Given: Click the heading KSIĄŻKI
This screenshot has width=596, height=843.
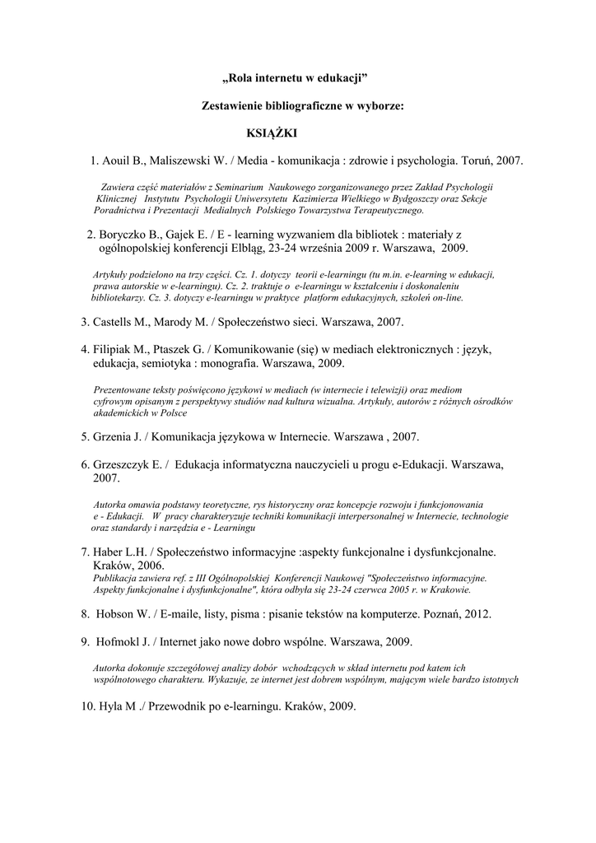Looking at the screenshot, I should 271,133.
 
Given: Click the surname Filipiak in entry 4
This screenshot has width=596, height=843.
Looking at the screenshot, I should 115,350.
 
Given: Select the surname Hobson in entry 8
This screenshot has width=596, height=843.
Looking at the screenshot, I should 119,613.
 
